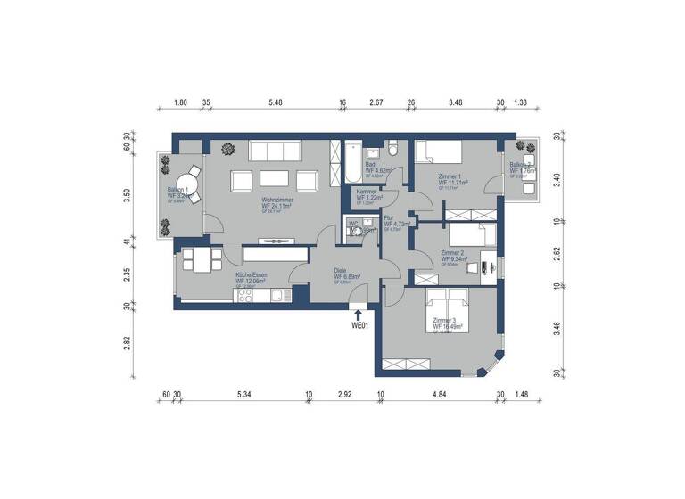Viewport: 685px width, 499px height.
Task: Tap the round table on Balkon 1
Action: click(x=190, y=176)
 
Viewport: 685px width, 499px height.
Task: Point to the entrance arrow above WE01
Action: click(x=359, y=313)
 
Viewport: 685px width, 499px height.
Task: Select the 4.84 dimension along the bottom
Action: click(x=439, y=393)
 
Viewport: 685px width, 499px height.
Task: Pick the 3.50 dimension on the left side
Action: click(x=127, y=194)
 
